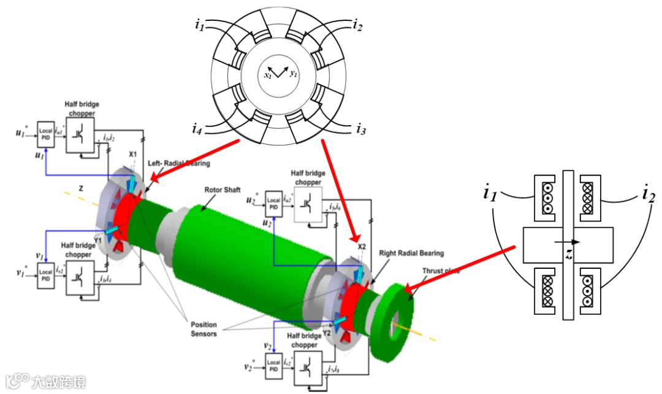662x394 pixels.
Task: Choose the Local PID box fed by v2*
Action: pyautogui.click(x=274, y=366)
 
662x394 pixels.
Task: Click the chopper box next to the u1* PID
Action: pyautogui.click(x=80, y=134)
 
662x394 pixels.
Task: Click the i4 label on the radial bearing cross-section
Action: pyautogui.click(x=196, y=129)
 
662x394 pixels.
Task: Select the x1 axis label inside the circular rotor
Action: pyautogui.click(x=268, y=75)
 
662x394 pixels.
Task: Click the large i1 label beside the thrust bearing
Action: pyautogui.click(x=490, y=195)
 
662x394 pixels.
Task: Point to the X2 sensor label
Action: pyautogui.click(x=362, y=247)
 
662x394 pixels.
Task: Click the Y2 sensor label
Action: pyautogui.click(x=344, y=332)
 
